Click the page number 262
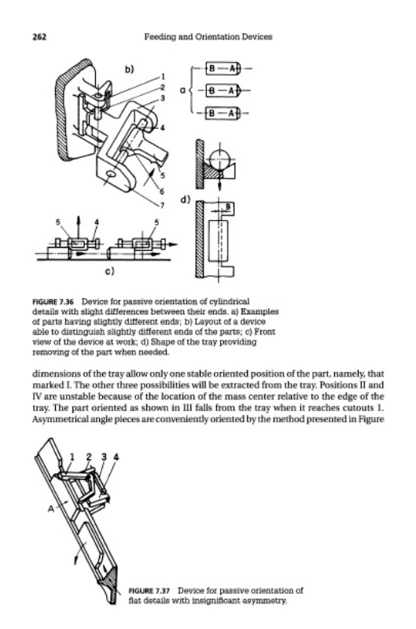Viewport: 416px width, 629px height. (x=39, y=37)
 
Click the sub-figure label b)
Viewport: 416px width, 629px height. (x=128, y=69)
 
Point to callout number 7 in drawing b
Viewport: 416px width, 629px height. (x=162, y=205)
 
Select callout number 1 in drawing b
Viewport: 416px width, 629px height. (x=163, y=76)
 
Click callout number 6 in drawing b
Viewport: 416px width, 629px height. (x=162, y=190)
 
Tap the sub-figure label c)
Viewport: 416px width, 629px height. (x=109, y=271)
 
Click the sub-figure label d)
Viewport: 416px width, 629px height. (x=186, y=200)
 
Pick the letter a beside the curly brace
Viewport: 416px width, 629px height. (x=183, y=90)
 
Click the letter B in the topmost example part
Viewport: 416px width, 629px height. (x=212, y=68)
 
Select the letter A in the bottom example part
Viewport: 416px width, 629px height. (x=231, y=113)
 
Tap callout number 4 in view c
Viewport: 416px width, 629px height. (x=96, y=222)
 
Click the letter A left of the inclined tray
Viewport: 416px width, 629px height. (x=51, y=509)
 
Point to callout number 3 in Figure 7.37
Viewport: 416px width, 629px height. (x=104, y=457)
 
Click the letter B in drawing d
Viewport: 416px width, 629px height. (x=228, y=207)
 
